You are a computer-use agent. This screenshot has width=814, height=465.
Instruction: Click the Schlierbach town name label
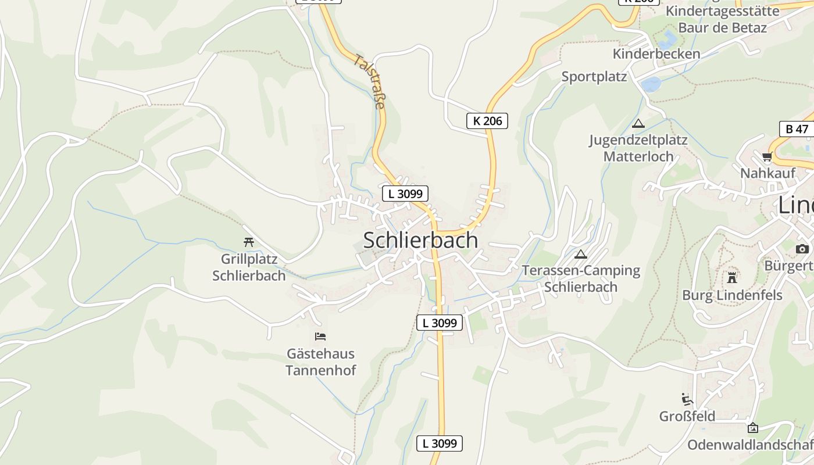[420, 240]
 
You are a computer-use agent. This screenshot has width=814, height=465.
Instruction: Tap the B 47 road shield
[797, 128]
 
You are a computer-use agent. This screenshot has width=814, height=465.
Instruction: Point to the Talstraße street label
[369, 81]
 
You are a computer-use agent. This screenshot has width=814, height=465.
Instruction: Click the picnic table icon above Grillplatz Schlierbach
[249, 242]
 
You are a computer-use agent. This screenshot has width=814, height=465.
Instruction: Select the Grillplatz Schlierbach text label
[249, 267]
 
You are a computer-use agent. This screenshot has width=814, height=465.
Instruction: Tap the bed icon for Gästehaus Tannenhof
[320, 336]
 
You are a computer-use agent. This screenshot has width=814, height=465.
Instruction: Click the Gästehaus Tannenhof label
[320, 362]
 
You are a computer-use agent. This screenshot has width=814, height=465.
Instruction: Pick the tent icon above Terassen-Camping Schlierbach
[580, 254]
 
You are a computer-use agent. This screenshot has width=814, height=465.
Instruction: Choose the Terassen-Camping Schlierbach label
[581, 279]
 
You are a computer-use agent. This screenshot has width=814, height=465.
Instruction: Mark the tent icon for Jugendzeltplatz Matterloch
[638, 123]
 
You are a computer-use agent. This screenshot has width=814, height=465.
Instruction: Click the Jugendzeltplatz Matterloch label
[638, 148]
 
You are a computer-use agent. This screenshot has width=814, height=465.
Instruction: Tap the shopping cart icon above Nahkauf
[767, 156]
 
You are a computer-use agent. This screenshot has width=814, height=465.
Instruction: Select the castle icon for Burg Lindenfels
[732, 277]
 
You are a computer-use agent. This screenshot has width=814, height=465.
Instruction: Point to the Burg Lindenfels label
[732, 295]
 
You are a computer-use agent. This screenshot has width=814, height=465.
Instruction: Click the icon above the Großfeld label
[687, 399]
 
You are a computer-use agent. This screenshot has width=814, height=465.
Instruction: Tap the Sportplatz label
[594, 77]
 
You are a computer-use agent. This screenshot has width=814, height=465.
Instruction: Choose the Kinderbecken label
[656, 53]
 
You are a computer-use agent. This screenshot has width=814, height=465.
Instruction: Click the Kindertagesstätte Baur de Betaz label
[722, 19]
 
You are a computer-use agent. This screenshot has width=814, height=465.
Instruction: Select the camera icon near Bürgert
[802, 249]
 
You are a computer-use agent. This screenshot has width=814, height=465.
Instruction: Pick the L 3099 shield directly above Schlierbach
[405, 194]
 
